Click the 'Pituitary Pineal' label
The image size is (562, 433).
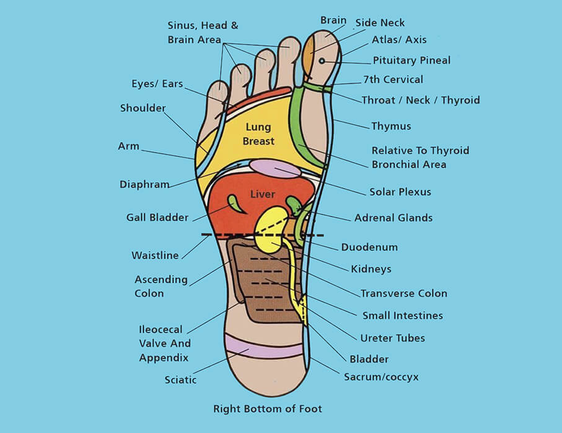[x=411, y=61]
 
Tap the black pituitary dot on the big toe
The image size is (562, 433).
[x=322, y=61]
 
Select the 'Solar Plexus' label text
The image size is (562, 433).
[x=400, y=192]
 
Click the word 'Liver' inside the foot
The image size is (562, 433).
[x=262, y=194]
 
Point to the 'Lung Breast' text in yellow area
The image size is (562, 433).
[x=258, y=134]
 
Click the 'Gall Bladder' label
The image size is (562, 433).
[x=157, y=218]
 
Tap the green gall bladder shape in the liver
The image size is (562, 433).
[x=235, y=203]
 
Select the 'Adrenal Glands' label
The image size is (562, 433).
[x=393, y=218]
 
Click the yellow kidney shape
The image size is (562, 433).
[x=270, y=230]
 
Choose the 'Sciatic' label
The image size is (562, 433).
[x=180, y=380]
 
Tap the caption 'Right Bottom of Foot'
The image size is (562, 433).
[x=268, y=409]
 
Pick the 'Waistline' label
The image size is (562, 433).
[x=155, y=256]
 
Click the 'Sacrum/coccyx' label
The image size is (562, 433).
[x=381, y=377]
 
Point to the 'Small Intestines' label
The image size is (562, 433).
[x=402, y=316]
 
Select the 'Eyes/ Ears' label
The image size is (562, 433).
[x=157, y=84]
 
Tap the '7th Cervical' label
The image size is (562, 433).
[x=393, y=79]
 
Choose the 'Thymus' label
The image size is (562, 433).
[x=391, y=127]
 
